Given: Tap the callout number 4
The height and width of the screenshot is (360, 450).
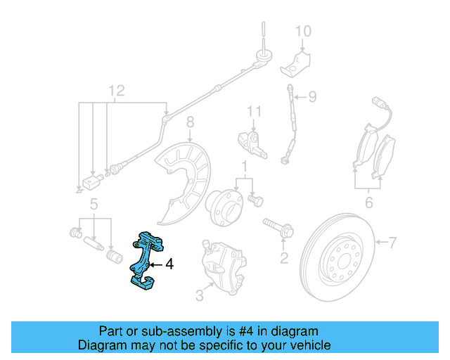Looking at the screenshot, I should tap(169, 265).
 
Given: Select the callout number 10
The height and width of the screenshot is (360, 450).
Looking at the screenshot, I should tap(302, 32).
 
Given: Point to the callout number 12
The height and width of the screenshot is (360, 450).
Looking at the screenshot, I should tap(116, 90).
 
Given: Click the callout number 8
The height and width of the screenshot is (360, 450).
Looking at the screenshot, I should tap(189, 126).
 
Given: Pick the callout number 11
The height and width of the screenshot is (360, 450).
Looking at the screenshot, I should tap(254, 110).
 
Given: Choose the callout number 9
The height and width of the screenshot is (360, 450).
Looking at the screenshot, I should tap(313, 96).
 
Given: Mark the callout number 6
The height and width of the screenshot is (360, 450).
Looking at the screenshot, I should tap(368, 204).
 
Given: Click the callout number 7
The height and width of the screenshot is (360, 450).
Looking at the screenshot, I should tap(392, 243).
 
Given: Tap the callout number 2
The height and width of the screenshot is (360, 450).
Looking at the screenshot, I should tap(284, 258).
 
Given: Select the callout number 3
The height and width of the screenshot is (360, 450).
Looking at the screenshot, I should tap(200, 296).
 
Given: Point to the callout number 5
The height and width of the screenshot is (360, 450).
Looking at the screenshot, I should tap(93, 205).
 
